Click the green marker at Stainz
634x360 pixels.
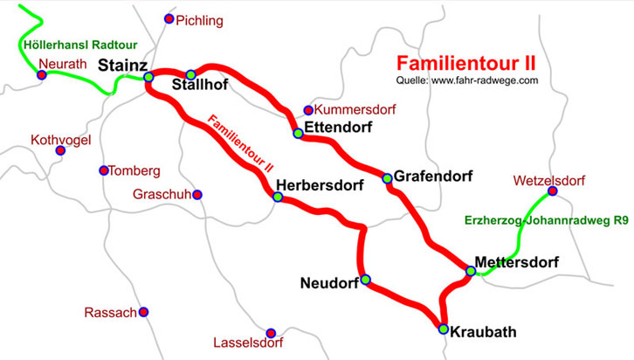(148, 77)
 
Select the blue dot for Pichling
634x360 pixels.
(169, 18)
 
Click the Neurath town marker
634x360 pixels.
(41, 75)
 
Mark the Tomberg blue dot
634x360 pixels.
(104, 170)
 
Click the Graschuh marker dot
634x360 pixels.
(197, 194)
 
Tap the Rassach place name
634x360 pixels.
(110, 313)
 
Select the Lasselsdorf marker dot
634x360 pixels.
(272, 333)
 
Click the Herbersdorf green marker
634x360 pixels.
(278, 197)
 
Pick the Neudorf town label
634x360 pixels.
(328, 283)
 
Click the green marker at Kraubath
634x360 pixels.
(444, 329)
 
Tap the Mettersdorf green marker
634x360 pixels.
(471, 272)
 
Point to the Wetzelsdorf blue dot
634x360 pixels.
(552, 191)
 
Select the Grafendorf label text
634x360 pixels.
(433, 177)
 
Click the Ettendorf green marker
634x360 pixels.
(299, 133)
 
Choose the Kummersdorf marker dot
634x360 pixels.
(307, 110)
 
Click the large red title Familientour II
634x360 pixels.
(466, 64)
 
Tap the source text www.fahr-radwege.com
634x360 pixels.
(484, 80)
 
